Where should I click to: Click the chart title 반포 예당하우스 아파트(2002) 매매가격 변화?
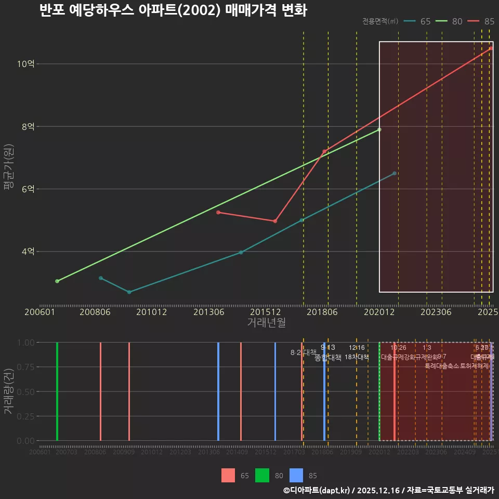coord(173,10)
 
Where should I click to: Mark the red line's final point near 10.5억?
coord(491,48)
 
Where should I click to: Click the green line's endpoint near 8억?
coord(379,129)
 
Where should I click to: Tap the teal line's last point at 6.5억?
coord(395,173)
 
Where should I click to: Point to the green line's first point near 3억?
coord(57,281)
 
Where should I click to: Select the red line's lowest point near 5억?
coord(275,221)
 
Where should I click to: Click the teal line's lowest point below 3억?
coord(129,292)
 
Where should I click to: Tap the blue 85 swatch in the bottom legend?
coord(296,476)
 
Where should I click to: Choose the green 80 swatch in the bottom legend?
coord(262,476)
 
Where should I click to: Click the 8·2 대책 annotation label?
coord(303,352)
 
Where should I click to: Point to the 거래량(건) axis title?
coord(8,391)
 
